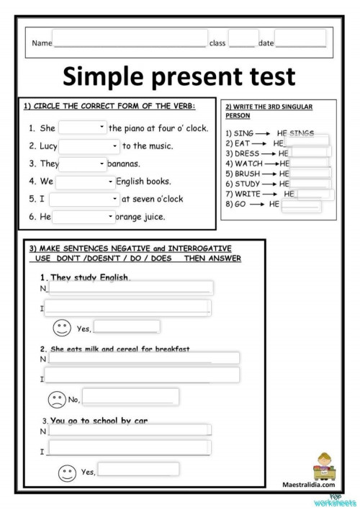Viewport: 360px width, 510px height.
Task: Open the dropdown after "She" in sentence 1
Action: (83, 128)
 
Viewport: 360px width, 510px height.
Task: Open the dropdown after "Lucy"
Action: (90, 146)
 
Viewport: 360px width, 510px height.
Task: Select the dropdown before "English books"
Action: (84, 182)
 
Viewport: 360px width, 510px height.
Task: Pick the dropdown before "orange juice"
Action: (84, 216)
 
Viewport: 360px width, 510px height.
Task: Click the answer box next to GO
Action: (302, 205)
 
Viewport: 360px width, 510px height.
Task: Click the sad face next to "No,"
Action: (55, 398)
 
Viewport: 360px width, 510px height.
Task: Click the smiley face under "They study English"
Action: (63, 328)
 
